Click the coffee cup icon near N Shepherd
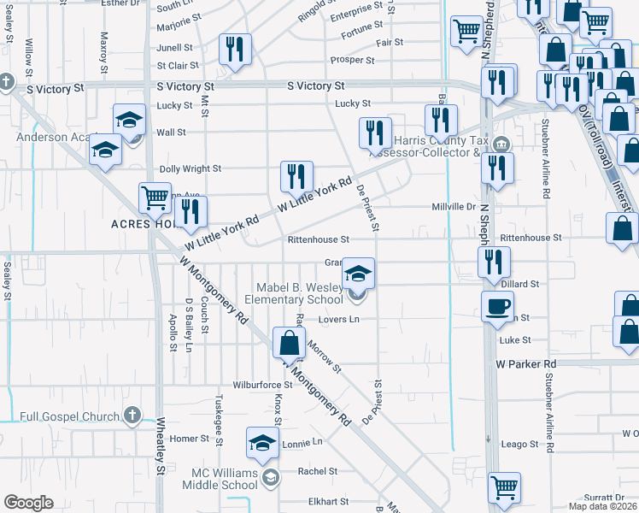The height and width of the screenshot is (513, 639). pos(497,305)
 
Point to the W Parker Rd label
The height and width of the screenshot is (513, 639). pos(525,364)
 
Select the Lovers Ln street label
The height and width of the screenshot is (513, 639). pos(339,320)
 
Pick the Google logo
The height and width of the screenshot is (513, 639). pos(28,503)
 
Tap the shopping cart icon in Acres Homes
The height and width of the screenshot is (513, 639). pos(155,198)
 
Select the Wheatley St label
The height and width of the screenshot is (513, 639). pos(160,445)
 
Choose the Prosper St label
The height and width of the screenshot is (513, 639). pos(353,61)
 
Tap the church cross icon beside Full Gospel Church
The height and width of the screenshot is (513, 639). pos(132,416)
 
